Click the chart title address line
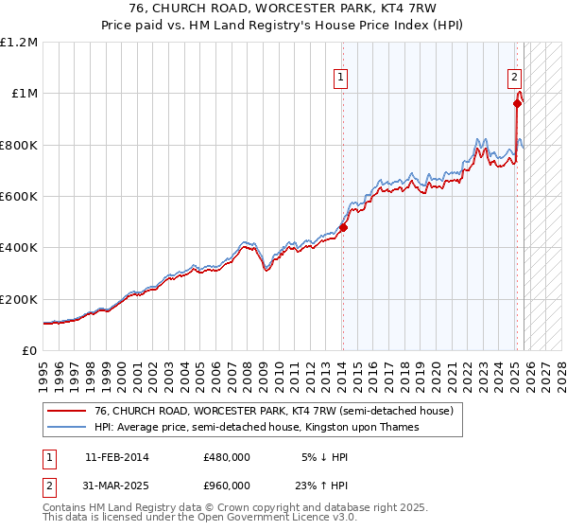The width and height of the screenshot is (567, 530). pos(283,9)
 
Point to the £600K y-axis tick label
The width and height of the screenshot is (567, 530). pos(19,196)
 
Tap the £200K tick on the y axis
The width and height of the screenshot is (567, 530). pos(19,298)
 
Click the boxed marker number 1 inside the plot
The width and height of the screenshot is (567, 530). pos(339,79)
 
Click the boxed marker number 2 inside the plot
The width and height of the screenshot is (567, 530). pos(514,79)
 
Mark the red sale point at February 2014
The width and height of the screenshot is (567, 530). pos(343,227)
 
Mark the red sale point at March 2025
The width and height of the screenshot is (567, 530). pos(518,104)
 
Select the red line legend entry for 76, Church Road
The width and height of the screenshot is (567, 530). pos(274,412)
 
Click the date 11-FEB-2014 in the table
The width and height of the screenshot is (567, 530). pos(116,457)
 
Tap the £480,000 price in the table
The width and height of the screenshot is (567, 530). pos(226,457)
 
